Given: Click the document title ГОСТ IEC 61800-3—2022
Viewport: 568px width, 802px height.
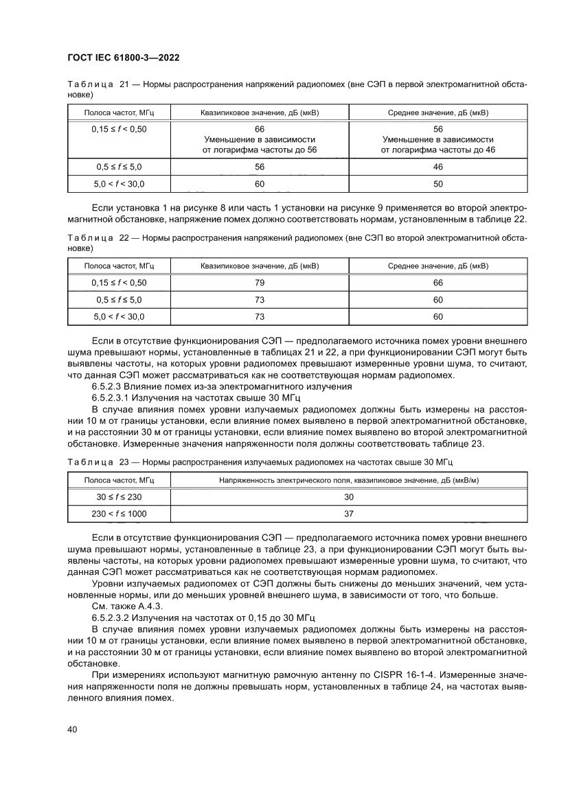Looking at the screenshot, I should [x=124, y=58].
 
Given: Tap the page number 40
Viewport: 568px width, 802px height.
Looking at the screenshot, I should [x=72, y=729].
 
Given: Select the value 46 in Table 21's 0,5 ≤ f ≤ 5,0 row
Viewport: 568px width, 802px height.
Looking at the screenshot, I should [x=438, y=167].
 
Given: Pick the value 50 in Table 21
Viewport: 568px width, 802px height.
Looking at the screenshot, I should [x=438, y=184].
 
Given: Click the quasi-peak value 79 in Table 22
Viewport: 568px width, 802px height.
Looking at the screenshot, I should [x=260, y=283].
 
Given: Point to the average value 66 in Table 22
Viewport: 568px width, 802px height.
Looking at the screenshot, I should [x=438, y=283].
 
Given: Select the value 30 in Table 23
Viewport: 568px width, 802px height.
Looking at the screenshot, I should [x=349, y=497].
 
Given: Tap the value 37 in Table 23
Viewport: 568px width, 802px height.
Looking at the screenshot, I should [x=349, y=514].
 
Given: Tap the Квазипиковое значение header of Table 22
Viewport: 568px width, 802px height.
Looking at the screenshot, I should [x=260, y=266].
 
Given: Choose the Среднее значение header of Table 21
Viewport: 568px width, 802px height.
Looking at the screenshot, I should [x=438, y=112].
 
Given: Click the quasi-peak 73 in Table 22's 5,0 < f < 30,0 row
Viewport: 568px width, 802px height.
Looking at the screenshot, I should [x=260, y=316].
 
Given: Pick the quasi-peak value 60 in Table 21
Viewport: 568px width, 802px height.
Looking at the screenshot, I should [x=260, y=184].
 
